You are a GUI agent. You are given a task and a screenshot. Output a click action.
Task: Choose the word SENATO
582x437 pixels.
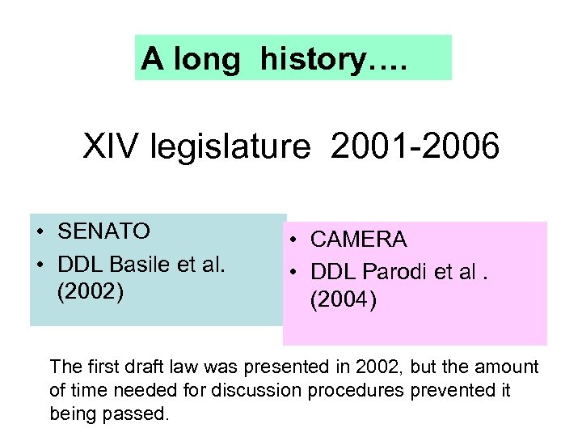pyautogui.click(x=104, y=231)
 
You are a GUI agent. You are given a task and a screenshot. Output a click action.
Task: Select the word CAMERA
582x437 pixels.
pyautogui.click(x=358, y=240)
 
